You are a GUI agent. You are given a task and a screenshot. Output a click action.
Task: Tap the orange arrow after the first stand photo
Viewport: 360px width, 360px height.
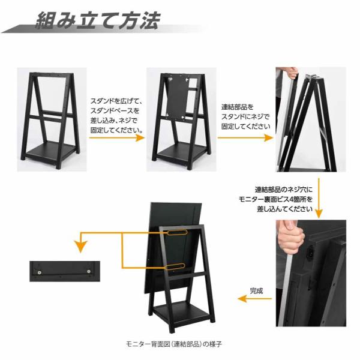pyautogui.click(x=117, y=137)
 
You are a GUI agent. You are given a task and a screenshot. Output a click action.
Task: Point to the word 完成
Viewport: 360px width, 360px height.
pyautogui.click(x=257, y=290)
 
